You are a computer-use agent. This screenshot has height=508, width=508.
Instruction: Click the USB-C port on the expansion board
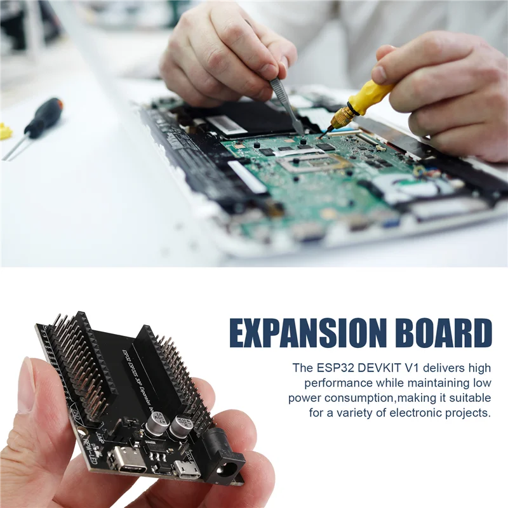tap(125, 458)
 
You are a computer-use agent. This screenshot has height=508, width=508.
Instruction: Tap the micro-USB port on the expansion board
tap(187, 470)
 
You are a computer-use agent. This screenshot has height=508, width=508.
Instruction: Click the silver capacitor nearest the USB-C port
tap(156, 424)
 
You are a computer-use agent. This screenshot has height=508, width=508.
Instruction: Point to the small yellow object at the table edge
tap(5, 131)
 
